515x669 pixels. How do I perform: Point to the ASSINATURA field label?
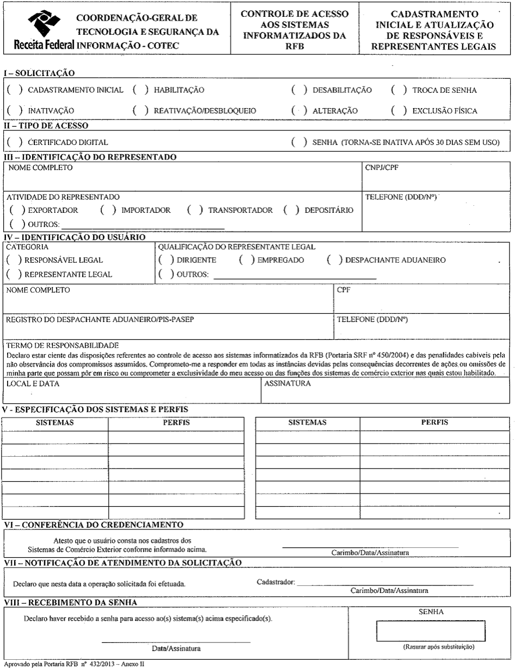287,383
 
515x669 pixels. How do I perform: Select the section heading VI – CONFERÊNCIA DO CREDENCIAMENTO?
93,525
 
